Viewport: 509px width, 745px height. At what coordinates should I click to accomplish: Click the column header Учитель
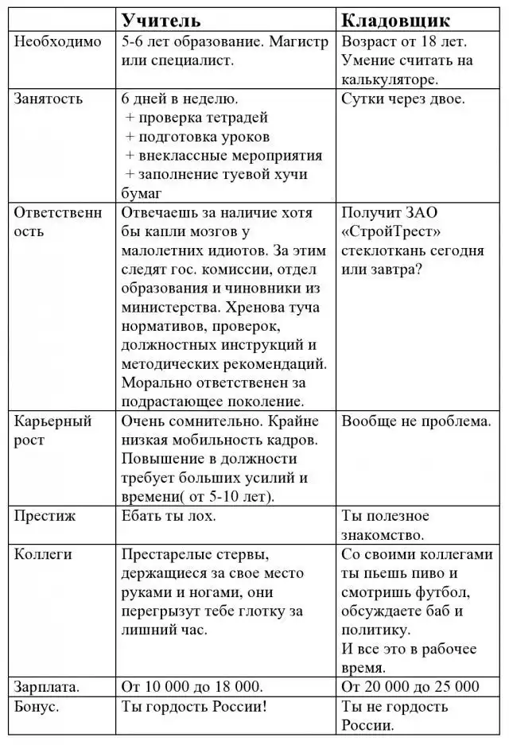click(x=161, y=20)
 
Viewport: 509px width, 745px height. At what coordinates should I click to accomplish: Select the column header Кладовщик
click(x=395, y=20)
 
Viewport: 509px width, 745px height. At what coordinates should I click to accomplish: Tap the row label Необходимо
click(x=58, y=42)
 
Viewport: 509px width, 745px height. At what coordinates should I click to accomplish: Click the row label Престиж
click(x=45, y=516)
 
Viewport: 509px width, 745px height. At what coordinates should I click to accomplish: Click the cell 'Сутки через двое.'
click(x=403, y=99)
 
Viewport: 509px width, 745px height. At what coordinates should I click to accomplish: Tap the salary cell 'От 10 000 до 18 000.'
click(x=192, y=686)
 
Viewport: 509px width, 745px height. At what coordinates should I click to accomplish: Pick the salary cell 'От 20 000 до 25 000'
click(x=410, y=686)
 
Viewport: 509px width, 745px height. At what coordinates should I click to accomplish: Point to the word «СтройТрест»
click(x=391, y=232)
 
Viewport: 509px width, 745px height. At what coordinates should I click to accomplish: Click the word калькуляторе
click(x=390, y=80)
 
